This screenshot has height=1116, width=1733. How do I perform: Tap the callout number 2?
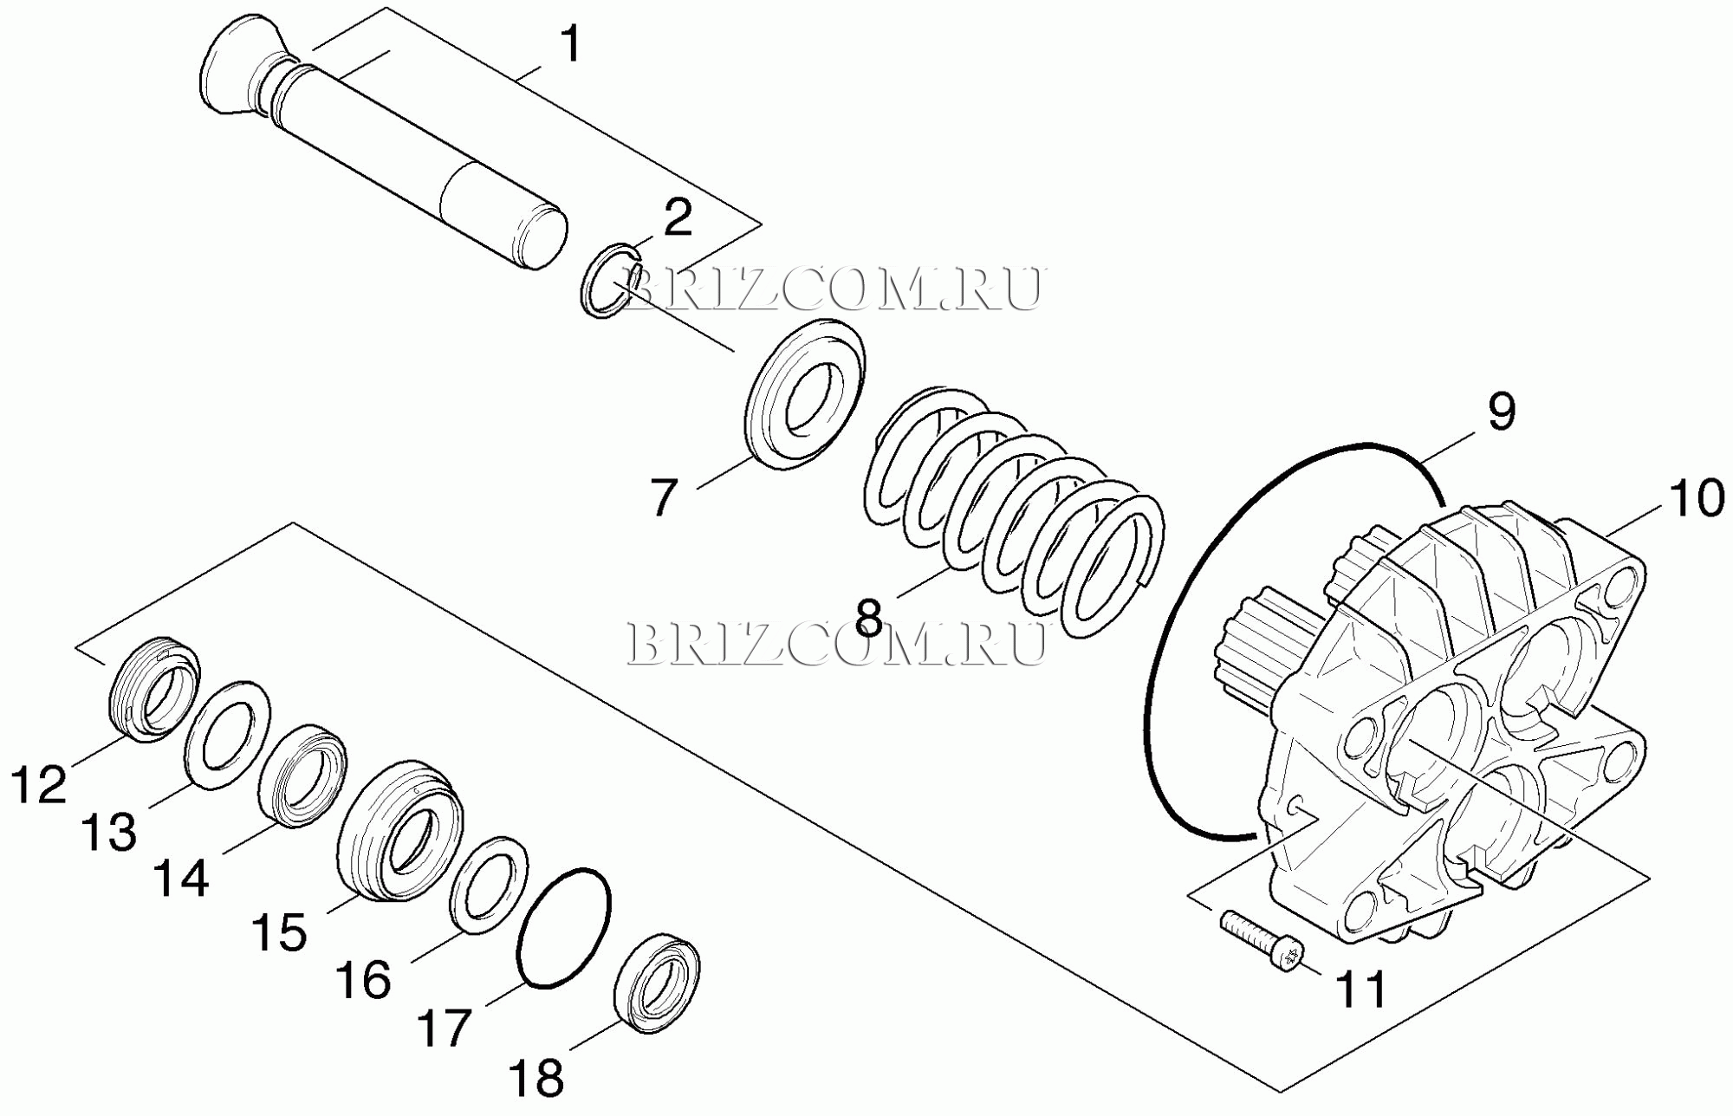[x=678, y=217]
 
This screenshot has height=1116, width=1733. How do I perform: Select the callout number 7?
[x=664, y=497]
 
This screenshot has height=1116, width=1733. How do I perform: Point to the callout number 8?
[x=868, y=618]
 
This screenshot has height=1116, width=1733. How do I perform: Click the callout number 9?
[x=1502, y=411]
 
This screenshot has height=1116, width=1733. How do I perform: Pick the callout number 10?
[x=1697, y=499]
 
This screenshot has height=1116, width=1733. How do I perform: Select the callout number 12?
[x=39, y=785]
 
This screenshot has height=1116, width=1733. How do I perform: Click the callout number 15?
[x=279, y=933]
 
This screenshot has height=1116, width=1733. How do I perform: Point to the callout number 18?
[x=537, y=1080]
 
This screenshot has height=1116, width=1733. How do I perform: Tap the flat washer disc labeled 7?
[x=805, y=394]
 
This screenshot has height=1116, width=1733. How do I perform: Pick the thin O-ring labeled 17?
[x=563, y=928]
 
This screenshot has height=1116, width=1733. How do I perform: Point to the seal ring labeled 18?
[x=658, y=983]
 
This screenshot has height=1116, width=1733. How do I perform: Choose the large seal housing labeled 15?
[x=399, y=831]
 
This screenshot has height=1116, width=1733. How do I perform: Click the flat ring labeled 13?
[x=227, y=735]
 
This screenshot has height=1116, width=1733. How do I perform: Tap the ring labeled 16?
[x=489, y=885]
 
